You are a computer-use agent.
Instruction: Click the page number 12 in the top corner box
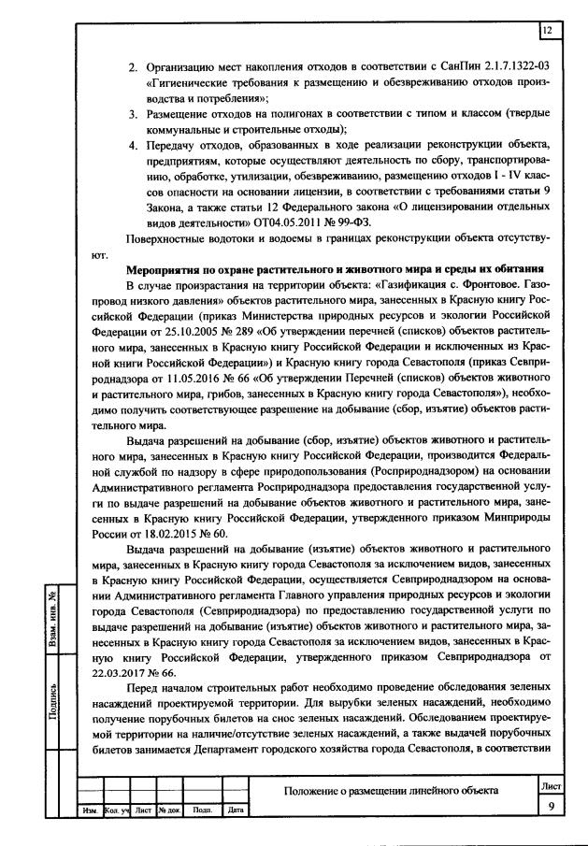click(548, 31)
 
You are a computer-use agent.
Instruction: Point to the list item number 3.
click(133, 113)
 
